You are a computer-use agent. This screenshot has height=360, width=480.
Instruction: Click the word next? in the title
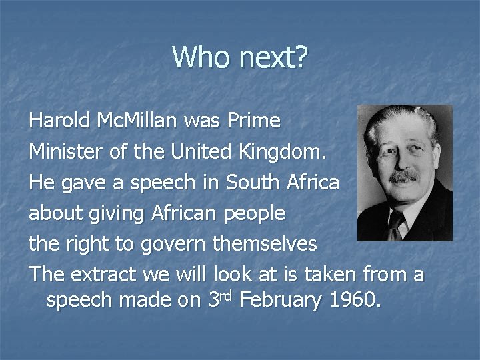coord(271,58)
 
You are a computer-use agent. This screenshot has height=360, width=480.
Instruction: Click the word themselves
coord(265,245)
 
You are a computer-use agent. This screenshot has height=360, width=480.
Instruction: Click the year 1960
coord(354,300)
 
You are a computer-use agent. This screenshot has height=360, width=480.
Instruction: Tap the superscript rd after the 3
coord(224,293)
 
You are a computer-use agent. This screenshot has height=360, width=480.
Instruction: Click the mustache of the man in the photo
coord(405,176)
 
